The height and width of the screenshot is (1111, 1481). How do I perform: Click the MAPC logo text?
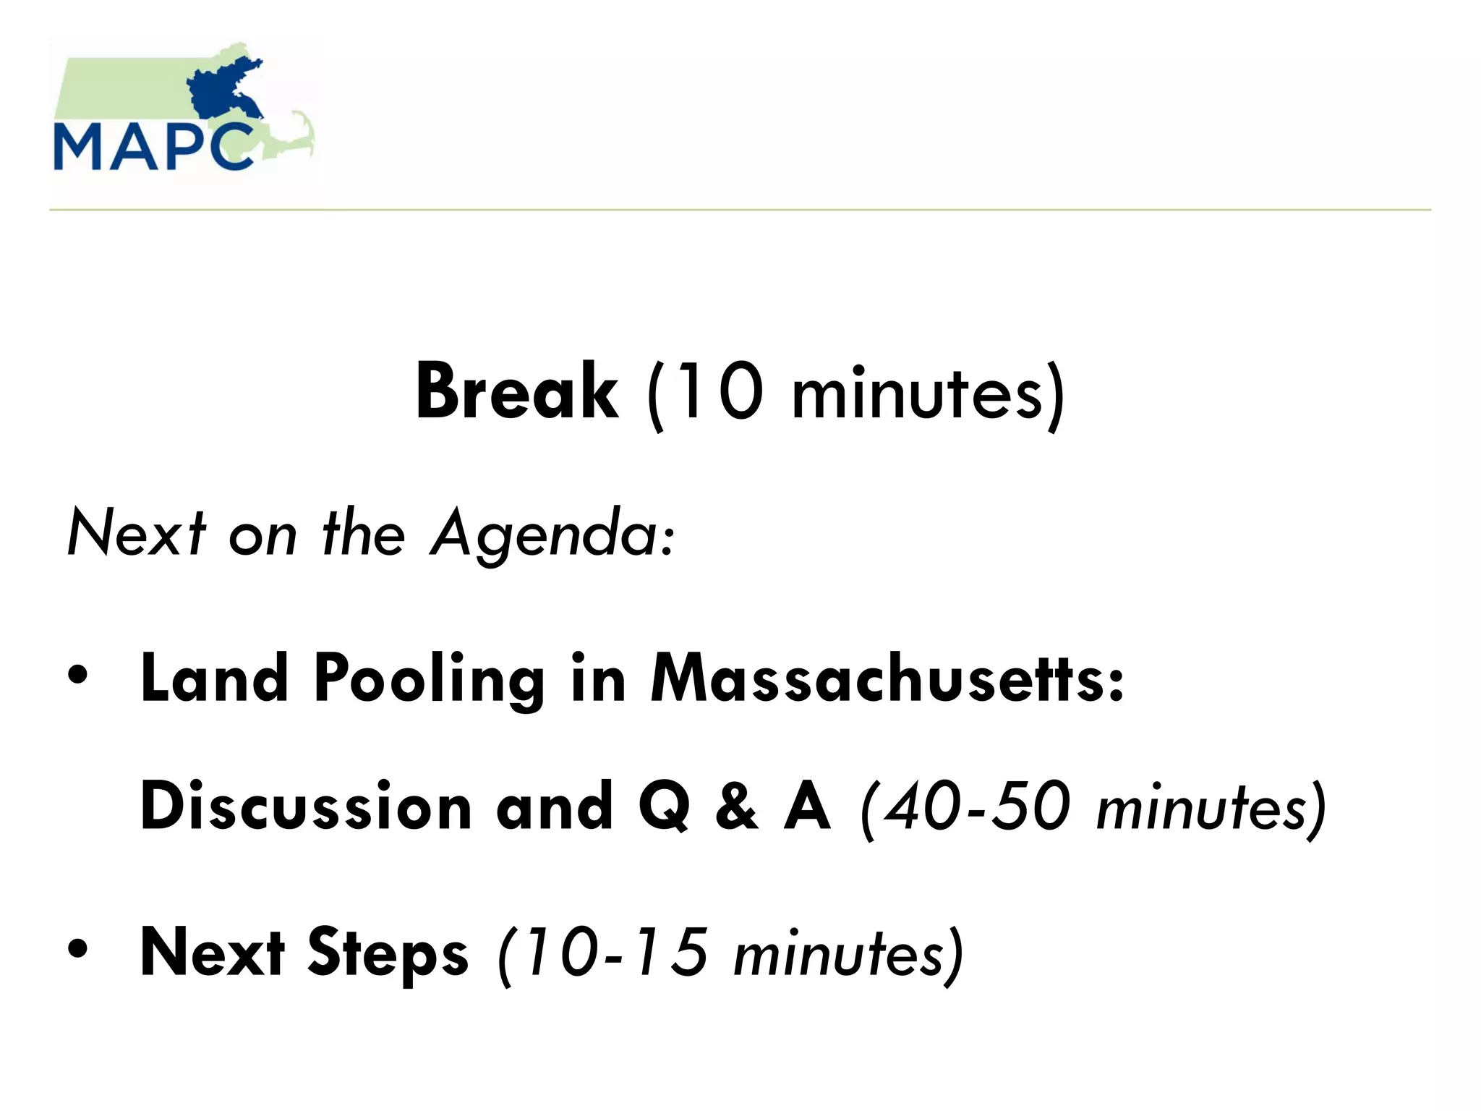pyautogui.click(x=153, y=148)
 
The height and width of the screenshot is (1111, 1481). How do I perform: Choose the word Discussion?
pyautogui.click(x=306, y=806)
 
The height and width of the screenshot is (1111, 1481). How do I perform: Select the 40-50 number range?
pyautogui.click(x=977, y=807)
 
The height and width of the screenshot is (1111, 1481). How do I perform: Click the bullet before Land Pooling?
pyautogui.click(x=77, y=676)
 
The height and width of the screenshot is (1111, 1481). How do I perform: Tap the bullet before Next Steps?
pyautogui.click(x=77, y=949)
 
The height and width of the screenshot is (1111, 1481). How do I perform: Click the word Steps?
pyautogui.click(x=388, y=953)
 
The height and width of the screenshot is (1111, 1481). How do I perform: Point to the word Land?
pyautogui.click(x=214, y=678)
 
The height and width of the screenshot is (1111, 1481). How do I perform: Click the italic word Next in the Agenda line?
pyautogui.click(x=136, y=532)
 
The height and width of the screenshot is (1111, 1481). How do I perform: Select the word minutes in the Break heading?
pyautogui.click(x=916, y=394)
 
